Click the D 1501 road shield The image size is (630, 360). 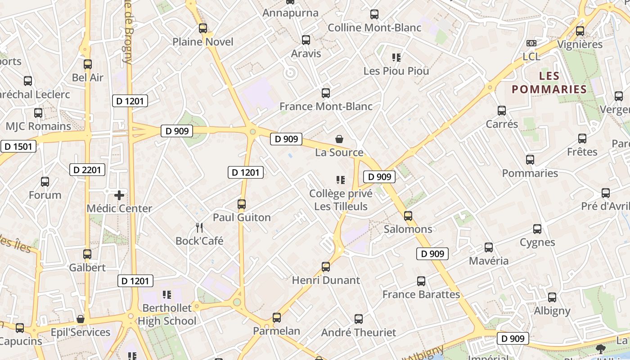tap(18, 146)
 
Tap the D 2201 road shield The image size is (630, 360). tap(88, 170)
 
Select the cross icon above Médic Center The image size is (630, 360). tap(119, 195)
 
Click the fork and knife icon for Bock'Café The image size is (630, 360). tap(199, 228)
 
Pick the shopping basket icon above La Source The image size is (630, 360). tap(339, 139)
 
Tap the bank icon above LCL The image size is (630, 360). tap(531, 43)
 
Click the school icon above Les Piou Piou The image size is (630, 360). tap(396, 58)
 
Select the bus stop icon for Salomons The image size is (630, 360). tap(408, 216)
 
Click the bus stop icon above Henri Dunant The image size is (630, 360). tap(326, 267)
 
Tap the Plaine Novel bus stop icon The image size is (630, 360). tap(203, 28)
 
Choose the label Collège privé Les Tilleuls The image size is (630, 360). tap(341, 200)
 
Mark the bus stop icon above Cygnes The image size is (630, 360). tap(537, 229)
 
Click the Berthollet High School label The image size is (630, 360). tap(167, 314)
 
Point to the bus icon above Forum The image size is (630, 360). tap(45, 182)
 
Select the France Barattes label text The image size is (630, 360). tap(421, 294)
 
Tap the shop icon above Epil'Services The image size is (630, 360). tap(81, 319)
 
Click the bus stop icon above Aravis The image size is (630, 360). tap(306, 40)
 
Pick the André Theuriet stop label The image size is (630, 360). tap(359, 333)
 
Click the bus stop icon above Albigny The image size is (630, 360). tap(552, 297)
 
